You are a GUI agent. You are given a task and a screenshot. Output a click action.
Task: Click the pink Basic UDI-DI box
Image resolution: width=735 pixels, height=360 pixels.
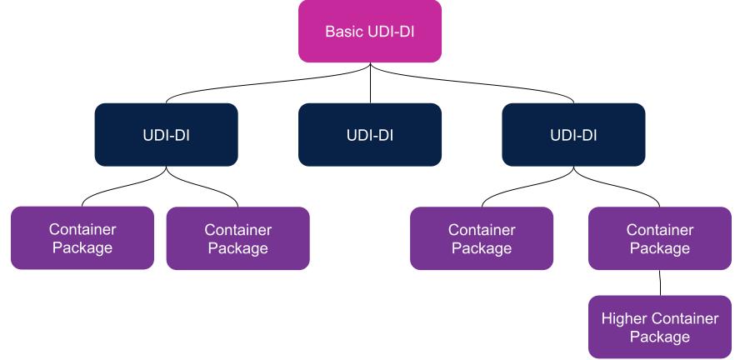(369, 32)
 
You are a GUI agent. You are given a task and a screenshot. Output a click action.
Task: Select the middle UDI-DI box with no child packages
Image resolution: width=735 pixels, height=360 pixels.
(369, 134)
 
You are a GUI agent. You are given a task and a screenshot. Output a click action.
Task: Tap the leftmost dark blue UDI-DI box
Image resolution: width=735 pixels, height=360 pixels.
(166, 134)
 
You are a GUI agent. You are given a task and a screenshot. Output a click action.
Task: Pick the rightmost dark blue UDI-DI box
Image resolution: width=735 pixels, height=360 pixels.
(573, 134)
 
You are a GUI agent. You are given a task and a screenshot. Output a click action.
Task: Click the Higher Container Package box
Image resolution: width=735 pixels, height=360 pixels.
(661, 327)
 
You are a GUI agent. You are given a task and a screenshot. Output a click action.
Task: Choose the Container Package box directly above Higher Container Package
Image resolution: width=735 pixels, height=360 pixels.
(661, 237)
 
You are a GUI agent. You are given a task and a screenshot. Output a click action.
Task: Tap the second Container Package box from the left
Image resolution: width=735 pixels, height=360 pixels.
(237, 237)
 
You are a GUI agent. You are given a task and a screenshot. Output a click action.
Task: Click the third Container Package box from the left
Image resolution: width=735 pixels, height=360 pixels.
(482, 237)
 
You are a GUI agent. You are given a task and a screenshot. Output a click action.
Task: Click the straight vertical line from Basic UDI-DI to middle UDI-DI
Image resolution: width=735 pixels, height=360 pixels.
(369, 83)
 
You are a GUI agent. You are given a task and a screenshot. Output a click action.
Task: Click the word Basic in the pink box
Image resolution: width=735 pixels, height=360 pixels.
(341, 32)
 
